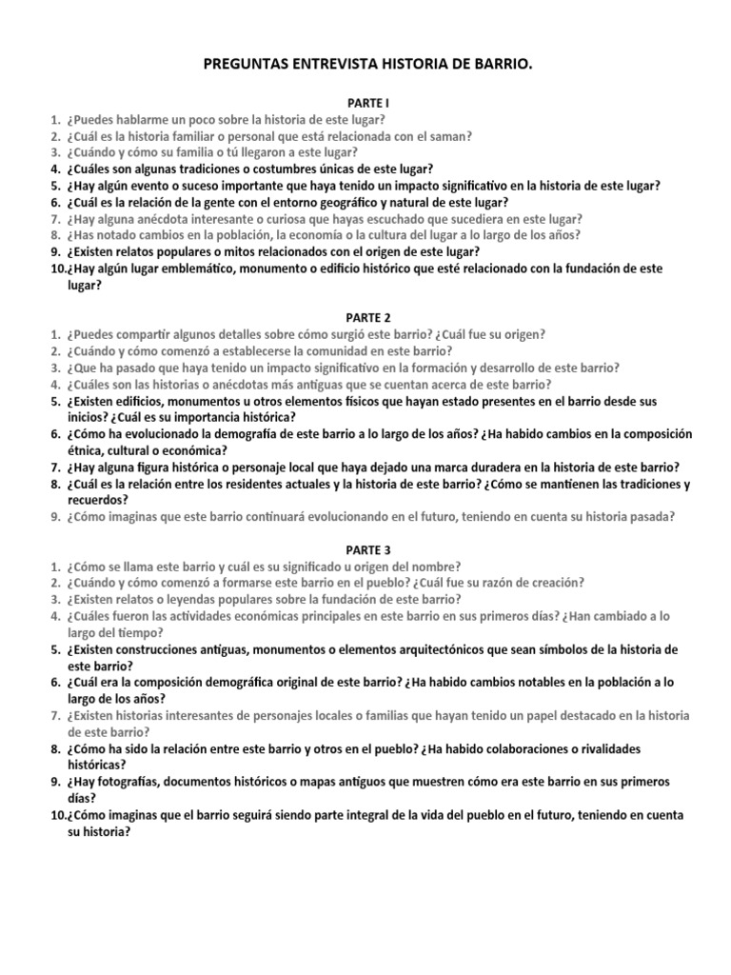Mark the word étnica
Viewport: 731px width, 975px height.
[85, 450]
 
